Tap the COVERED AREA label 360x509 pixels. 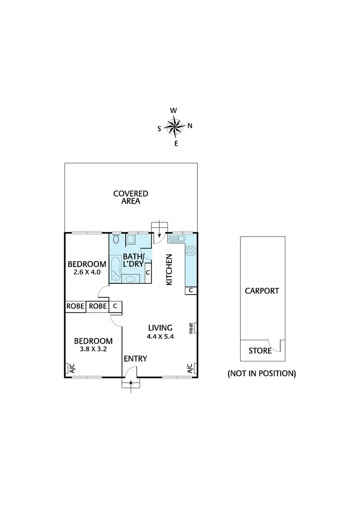click(131, 197)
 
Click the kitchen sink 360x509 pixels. click(178, 238)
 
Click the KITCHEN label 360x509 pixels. click(169, 270)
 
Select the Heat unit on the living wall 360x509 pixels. click(193, 328)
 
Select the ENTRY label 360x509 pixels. click(135, 359)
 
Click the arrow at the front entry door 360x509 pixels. click(131, 386)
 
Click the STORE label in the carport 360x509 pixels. click(260, 351)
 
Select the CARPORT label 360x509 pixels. click(262, 291)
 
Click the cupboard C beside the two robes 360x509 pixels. click(115, 306)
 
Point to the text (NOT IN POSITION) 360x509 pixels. click(262, 374)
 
